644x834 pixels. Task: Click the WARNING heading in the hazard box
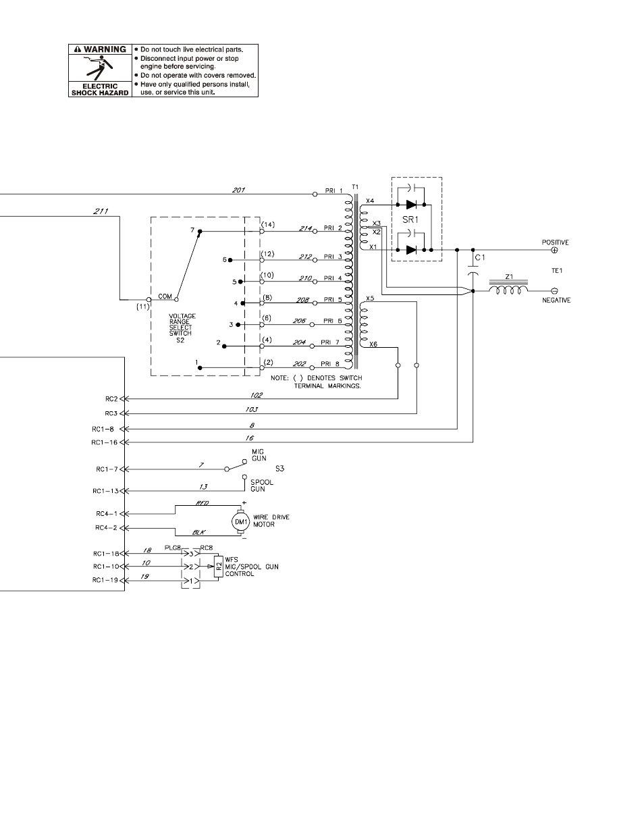click(101, 49)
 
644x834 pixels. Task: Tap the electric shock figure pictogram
click(100, 68)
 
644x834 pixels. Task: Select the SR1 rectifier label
click(410, 219)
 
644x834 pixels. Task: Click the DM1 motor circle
click(240, 521)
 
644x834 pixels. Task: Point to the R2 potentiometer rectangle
click(218, 566)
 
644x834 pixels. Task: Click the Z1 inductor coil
click(508, 290)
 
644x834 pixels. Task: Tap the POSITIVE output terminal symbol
click(555, 251)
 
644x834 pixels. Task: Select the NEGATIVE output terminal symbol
click(555, 291)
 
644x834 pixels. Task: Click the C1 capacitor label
click(480, 257)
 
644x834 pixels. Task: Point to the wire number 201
click(238, 190)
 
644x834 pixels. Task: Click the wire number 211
click(101, 211)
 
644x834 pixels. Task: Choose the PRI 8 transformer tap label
click(331, 364)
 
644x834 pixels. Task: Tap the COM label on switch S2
click(165, 296)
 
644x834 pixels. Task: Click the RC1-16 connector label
click(105, 442)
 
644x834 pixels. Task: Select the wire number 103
click(252, 409)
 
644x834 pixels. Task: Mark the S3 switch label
click(280, 469)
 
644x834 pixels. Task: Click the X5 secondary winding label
click(370, 298)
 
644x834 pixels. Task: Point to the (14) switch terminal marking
click(268, 224)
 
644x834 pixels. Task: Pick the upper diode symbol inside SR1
click(411, 205)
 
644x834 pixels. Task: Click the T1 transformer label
click(355, 187)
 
